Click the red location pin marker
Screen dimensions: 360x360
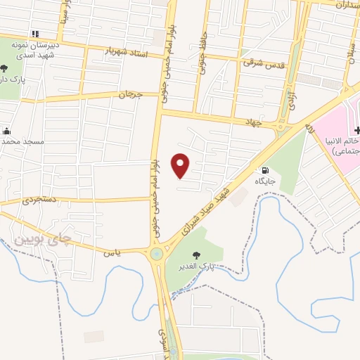[181, 165]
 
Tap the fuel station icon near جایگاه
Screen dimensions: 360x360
[265, 169]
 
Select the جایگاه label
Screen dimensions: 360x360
[265, 181]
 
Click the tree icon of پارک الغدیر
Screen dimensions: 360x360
[195, 255]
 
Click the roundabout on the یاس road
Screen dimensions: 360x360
[156, 254]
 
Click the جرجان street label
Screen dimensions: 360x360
[130, 94]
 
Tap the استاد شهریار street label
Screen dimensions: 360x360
[128, 51]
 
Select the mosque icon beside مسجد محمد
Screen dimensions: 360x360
[6, 131]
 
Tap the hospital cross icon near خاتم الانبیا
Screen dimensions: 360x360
[357, 130]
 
